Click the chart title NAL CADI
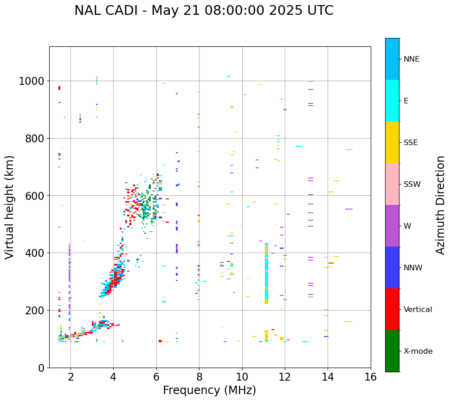204,11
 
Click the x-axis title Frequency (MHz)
209,390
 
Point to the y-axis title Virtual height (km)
10,207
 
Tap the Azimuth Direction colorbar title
440,205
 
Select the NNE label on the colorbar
412,59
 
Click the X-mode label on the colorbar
418,351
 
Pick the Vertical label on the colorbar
418,309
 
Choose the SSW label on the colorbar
412,184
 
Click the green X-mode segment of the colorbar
392,351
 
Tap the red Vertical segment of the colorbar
392,309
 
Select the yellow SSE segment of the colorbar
392,142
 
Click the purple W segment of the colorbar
392,226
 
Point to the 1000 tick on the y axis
32,81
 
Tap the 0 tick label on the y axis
41,368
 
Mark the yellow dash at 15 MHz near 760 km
349,150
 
